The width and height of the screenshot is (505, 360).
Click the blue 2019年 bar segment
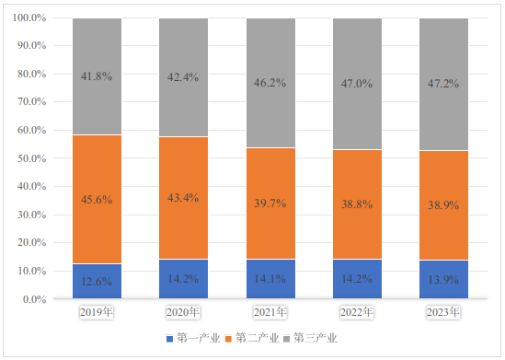[97, 281]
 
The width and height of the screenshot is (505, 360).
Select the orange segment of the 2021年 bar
[270, 203]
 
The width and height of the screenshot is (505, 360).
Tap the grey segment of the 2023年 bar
[443, 84]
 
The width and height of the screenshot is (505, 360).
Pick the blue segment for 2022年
[357, 279]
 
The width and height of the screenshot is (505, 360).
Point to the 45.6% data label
[97, 200]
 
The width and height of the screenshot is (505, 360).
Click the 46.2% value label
[270, 83]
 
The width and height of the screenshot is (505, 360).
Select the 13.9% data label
[443, 280]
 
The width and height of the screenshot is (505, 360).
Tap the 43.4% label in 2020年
[183, 198]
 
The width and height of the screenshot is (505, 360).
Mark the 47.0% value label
[357, 84]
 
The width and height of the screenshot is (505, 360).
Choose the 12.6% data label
[97, 282]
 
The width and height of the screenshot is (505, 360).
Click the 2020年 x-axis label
[183, 312]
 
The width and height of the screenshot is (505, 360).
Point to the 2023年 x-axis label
[443, 312]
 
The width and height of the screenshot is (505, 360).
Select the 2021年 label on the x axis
[270, 312]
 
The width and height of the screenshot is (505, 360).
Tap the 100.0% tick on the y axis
[29, 17]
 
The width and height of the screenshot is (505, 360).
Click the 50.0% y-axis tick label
[32, 158]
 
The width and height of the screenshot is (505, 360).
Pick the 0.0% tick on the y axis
[34, 299]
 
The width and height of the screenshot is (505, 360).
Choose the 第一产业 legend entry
[193, 339]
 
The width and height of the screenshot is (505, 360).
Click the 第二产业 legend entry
[252, 339]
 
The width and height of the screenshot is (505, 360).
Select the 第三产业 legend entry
[310, 339]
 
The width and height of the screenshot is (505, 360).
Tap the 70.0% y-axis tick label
[32, 102]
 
